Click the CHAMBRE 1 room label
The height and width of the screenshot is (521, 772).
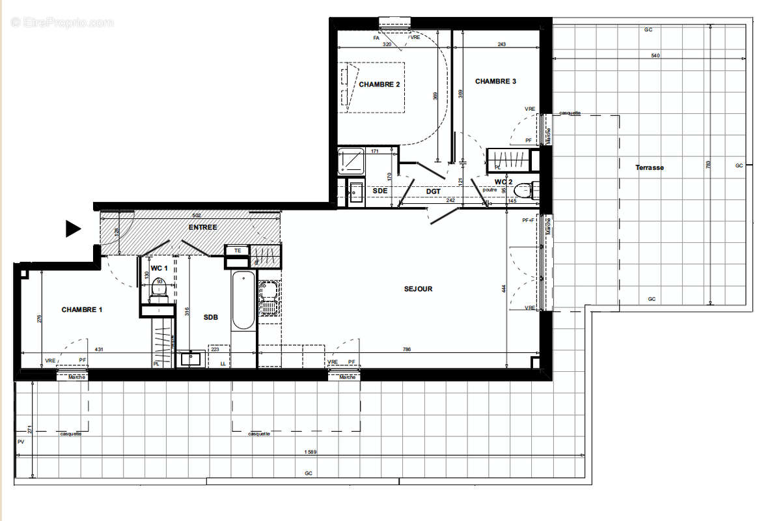pyautogui.click(x=82, y=309)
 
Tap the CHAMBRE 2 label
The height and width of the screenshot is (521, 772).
pyautogui.click(x=379, y=84)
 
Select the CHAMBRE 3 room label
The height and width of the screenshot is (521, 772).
pyautogui.click(x=495, y=81)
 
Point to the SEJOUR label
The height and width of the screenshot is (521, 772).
pyautogui.click(x=418, y=289)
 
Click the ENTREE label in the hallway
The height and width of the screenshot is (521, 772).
pyautogui.click(x=202, y=227)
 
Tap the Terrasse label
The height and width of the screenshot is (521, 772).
pyautogui.click(x=650, y=167)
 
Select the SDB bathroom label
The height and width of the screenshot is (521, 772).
pyautogui.click(x=210, y=317)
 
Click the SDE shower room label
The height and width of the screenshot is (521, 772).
pyautogui.click(x=380, y=190)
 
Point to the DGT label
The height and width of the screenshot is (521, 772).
pyautogui.click(x=434, y=191)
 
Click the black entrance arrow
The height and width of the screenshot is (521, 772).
pyautogui.click(x=72, y=228)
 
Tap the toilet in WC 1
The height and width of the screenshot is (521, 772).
pyautogui.click(x=159, y=288)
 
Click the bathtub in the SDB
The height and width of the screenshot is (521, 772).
pyautogui.click(x=243, y=300)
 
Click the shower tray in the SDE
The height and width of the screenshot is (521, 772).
pyautogui.click(x=351, y=161)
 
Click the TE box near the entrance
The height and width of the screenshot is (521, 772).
pyautogui.click(x=238, y=250)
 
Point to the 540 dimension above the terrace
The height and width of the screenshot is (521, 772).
pyautogui.click(x=655, y=55)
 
